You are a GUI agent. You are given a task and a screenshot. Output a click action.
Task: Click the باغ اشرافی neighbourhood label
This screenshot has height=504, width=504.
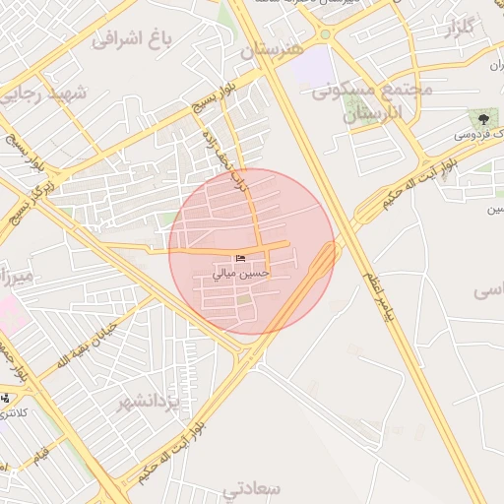pos(131,40)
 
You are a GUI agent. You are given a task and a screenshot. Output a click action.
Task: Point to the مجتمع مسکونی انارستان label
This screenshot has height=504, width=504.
pos(373,101)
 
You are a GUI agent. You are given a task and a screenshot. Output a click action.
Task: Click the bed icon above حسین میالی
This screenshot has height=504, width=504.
pos(242,258)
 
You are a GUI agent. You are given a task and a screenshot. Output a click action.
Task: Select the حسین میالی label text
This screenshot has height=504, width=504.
pos(242,275)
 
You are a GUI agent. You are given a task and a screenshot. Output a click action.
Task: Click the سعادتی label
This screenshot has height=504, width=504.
pos(253,488)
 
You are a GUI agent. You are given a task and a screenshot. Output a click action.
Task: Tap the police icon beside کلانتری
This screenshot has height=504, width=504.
pos(7,399)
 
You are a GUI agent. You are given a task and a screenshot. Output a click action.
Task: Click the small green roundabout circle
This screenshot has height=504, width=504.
pos(324,34)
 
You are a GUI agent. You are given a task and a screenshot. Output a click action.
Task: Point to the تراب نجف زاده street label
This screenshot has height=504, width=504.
pos(225,157)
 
